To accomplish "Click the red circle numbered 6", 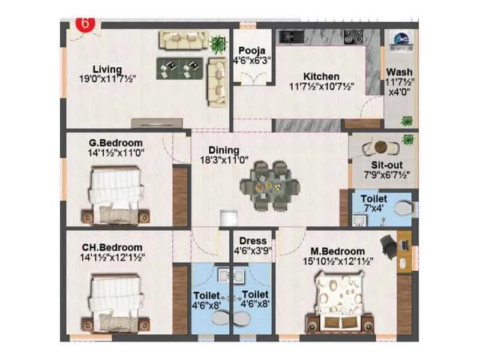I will pyautogui.click(x=85, y=25).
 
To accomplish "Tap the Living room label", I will pyautogui.click(x=107, y=69).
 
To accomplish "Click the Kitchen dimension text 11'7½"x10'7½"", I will pyautogui.click(x=321, y=86).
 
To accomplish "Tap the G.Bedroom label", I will pyautogui.click(x=114, y=143).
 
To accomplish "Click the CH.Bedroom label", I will pyautogui.click(x=112, y=247).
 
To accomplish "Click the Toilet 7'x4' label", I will pyautogui.click(x=373, y=199).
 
